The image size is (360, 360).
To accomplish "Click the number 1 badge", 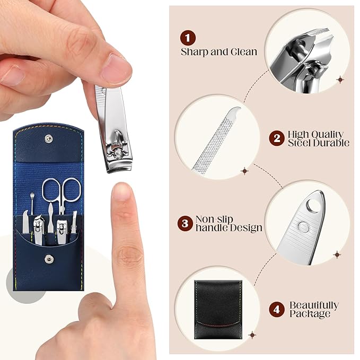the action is pyautogui.click(x=188, y=38).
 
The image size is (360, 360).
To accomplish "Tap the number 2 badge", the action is pyautogui.click(x=277, y=138).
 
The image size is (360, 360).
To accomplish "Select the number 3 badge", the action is pyautogui.click(x=185, y=223).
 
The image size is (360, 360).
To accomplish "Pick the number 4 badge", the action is pyautogui.click(x=277, y=310).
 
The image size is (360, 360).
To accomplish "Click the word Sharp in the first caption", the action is pyautogui.click(x=195, y=52).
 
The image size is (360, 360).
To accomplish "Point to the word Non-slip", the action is pyautogui.click(x=214, y=219).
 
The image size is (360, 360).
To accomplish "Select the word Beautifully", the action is pyautogui.click(x=314, y=305).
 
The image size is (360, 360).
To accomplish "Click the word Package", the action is pyautogui.click(x=310, y=314).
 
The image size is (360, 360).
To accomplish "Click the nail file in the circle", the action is pyautogui.click(x=216, y=141).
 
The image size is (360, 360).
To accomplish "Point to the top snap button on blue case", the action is pyautogui.click(x=48, y=138).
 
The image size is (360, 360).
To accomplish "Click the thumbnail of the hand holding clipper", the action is pyautogui.click(x=115, y=68).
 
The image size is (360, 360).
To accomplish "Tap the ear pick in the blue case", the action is pyautogui.click(x=32, y=204).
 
